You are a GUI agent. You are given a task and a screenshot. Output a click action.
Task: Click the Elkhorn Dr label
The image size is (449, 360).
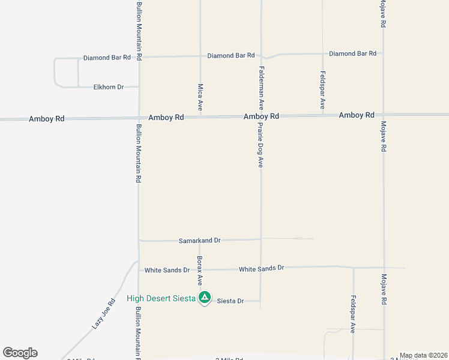tap(109, 87)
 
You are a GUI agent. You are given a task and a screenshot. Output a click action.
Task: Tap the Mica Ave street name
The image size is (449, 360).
tap(200, 97)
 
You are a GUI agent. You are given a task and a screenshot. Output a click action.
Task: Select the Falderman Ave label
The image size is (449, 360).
tap(262, 88)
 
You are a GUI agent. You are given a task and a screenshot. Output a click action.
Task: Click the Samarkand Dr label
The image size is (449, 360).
tap(200, 241)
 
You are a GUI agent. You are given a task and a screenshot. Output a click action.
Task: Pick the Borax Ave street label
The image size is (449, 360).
tap(200, 268)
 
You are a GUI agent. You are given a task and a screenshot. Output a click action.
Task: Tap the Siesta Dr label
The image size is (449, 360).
tap(231, 301)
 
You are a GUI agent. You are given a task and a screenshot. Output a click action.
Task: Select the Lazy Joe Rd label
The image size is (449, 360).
tap(103, 314)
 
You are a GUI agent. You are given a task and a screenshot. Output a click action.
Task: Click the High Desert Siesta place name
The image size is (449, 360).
tap(161, 298)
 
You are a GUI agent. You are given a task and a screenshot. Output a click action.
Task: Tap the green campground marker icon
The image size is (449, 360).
tap(205, 297)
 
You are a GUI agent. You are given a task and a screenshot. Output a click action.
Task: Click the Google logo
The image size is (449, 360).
tap(20, 353)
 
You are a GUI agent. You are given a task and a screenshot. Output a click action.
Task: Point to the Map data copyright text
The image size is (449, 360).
tap(424, 355)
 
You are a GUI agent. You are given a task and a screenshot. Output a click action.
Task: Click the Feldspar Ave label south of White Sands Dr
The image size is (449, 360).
tap(354, 314)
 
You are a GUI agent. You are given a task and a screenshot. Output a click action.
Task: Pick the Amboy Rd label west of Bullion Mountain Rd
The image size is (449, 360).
tap(46, 119)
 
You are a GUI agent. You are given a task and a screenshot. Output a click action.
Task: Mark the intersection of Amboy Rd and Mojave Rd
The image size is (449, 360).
tap(383, 115)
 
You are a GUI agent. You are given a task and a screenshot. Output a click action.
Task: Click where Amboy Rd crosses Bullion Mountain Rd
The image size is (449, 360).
tap(139, 118)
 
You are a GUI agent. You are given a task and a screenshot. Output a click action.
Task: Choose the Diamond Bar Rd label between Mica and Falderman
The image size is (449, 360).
tap(231, 56)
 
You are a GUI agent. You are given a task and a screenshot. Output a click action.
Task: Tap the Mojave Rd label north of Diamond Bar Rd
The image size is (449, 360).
tap(382, 14)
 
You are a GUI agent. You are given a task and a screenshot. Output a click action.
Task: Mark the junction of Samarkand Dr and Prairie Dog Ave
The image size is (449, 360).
tap(261, 239)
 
